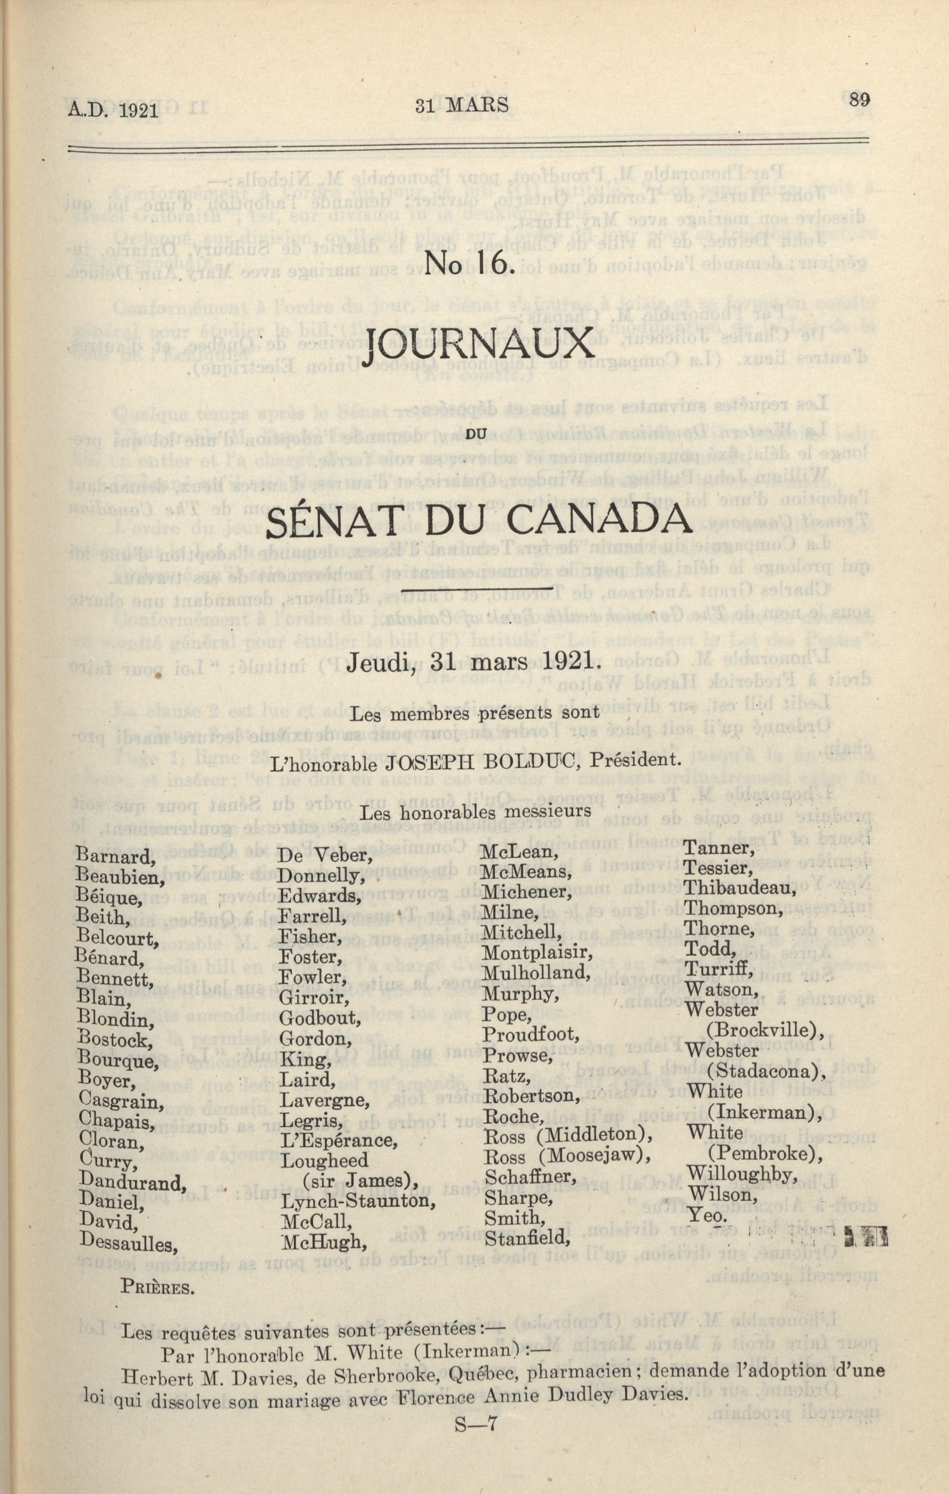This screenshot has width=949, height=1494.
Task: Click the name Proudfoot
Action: pyautogui.click(x=531, y=1035)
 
